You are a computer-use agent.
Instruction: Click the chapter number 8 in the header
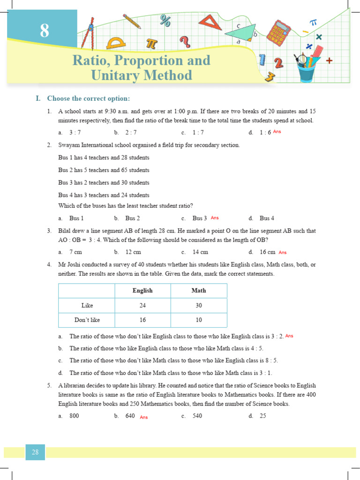tap(44, 30)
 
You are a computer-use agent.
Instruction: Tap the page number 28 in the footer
tap(35, 452)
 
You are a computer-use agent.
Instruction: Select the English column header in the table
tap(142, 291)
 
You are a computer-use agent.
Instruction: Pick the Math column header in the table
tap(199, 291)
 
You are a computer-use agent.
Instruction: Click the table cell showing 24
tap(142, 306)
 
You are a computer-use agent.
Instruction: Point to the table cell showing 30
tap(199, 306)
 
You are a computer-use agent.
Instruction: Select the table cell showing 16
tap(142, 320)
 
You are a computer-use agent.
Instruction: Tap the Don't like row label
tap(87, 320)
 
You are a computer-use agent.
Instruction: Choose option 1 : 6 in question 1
tap(265, 133)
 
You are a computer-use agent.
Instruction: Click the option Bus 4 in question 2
tap(267, 218)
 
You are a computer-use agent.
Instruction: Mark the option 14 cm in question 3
tap(200, 252)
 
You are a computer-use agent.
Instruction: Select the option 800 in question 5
tap(74, 416)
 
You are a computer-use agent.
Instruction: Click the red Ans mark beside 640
tap(143, 417)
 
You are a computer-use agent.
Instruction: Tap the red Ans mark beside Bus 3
tap(215, 218)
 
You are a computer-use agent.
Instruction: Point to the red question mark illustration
tap(185, 42)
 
